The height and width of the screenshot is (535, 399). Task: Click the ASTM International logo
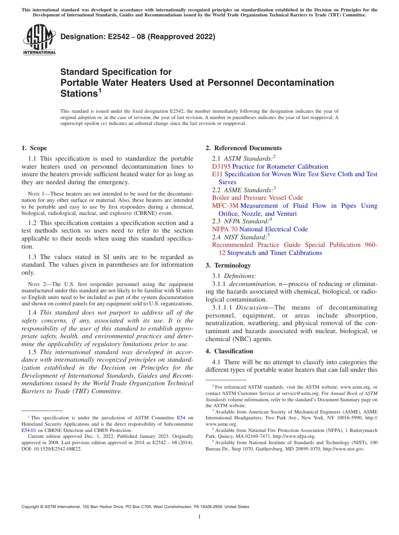coord(39,40)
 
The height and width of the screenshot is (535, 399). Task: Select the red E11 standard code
coord(217,174)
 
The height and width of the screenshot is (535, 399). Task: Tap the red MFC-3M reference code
coord(225,206)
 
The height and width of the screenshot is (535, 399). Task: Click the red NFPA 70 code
coord(224,229)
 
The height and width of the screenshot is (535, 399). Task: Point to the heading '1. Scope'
coord(34,148)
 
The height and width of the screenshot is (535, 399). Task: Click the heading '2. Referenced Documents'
coord(244,148)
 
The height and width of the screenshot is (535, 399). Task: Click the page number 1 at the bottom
coord(199,516)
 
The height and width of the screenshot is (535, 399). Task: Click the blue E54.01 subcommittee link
coord(29,431)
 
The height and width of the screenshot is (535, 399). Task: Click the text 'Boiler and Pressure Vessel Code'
coord(257,198)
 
